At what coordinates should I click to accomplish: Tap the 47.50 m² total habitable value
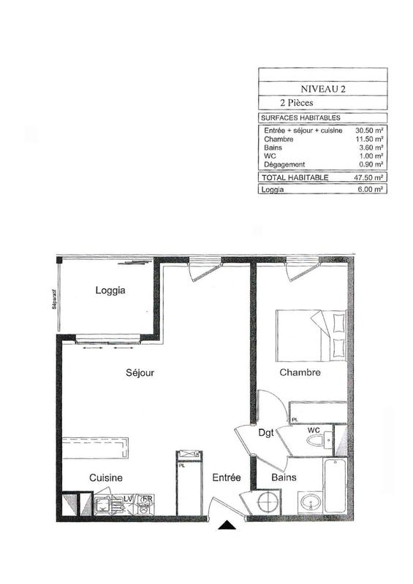click(x=371, y=177)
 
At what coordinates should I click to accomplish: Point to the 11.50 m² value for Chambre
click(x=371, y=139)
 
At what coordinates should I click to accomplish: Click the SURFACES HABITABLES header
click(x=300, y=118)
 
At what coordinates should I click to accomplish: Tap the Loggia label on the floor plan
click(x=111, y=291)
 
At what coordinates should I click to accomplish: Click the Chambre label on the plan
click(x=300, y=372)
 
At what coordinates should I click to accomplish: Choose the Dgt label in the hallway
click(x=267, y=433)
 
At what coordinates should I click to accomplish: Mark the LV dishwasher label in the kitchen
click(x=129, y=498)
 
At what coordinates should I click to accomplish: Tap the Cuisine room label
click(x=106, y=477)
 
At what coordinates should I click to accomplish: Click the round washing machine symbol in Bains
click(x=268, y=503)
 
